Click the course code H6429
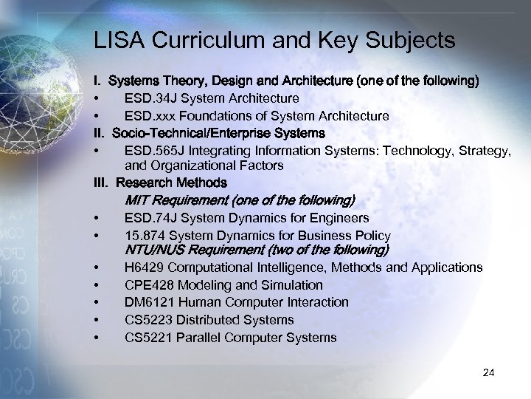point(143,267)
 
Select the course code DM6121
point(147,302)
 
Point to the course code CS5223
point(146,320)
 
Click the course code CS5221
point(146,338)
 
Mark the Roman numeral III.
point(101,182)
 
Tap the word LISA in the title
point(118,41)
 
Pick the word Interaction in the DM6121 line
point(316,302)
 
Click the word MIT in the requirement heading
point(138,200)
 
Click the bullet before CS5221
point(97,338)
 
